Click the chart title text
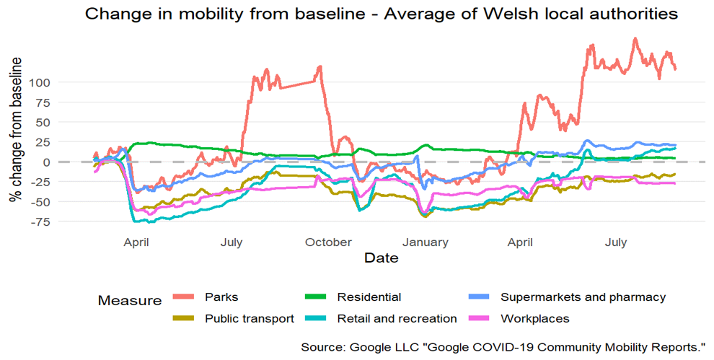pyautogui.click(x=382, y=14)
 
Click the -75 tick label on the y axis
pyautogui.click(x=40, y=221)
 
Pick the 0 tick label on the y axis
pyautogui.click(x=46, y=162)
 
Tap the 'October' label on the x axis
pyautogui.click(x=327, y=242)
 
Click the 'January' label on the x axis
pyautogui.click(x=426, y=242)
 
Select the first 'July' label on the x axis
pyautogui.click(x=232, y=242)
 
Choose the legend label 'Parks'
pyautogui.click(x=221, y=297)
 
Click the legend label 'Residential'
pyautogui.click(x=369, y=297)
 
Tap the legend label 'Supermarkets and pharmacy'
pyautogui.click(x=583, y=297)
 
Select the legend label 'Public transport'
pyautogui.click(x=249, y=318)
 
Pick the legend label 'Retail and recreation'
pyautogui.click(x=397, y=318)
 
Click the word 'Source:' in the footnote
pyautogui.click(x=322, y=348)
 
